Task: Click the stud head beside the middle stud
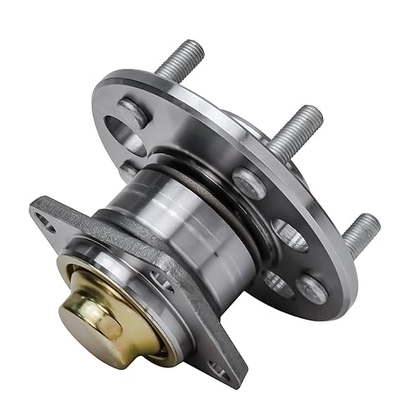click(249, 182)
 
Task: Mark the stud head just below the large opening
click(129, 171)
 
